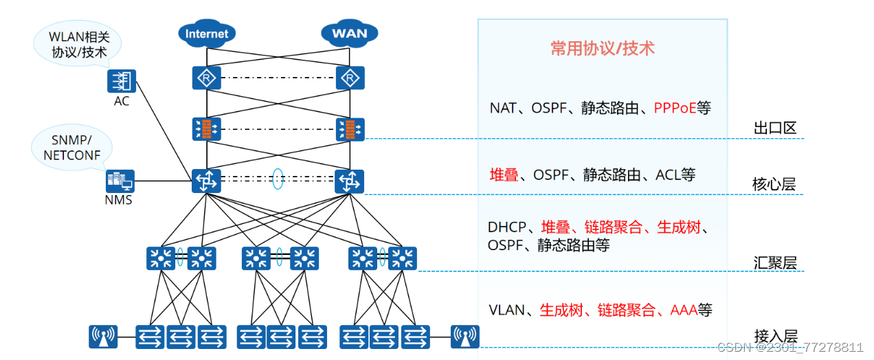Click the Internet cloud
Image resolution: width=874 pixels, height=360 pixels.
[207, 33]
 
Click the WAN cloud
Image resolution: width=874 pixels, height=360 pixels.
[349, 33]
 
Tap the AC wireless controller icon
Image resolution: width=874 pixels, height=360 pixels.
[122, 81]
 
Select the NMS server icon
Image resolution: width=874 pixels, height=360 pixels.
[120, 181]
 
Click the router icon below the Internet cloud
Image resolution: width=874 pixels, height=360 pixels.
[207, 78]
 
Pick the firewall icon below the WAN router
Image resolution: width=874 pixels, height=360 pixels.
[350, 129]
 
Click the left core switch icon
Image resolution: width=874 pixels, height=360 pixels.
[206, 181]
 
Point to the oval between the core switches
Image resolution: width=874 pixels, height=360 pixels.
[278, 179]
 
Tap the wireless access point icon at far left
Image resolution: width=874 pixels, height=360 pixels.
[103, 337]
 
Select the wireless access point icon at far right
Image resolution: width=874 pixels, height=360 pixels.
[464, 337]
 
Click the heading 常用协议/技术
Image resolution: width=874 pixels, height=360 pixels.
[602, 47]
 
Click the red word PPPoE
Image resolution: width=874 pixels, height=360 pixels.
[675, 108]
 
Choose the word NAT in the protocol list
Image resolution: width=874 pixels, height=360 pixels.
[502, 108]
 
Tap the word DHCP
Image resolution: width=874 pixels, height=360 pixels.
[506, 227]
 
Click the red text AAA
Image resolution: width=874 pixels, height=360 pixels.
[684, 311]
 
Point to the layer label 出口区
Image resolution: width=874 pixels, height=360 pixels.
[774, 128]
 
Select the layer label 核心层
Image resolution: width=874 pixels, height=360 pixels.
[774, 185]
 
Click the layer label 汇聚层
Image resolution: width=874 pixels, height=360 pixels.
[774, 262]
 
